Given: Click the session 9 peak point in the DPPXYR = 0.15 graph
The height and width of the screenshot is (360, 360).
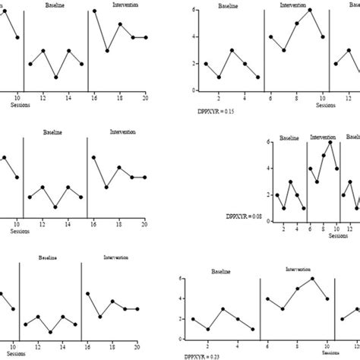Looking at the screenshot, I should [310, 10].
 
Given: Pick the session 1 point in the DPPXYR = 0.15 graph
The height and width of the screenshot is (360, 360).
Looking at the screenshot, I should [206, 64].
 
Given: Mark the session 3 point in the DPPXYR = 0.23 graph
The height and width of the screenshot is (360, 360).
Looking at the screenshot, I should [223, 310].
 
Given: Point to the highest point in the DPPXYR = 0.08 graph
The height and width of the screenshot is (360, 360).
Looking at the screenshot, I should [330, 142].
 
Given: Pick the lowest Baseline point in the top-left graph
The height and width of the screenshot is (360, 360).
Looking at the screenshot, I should [55, 77].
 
